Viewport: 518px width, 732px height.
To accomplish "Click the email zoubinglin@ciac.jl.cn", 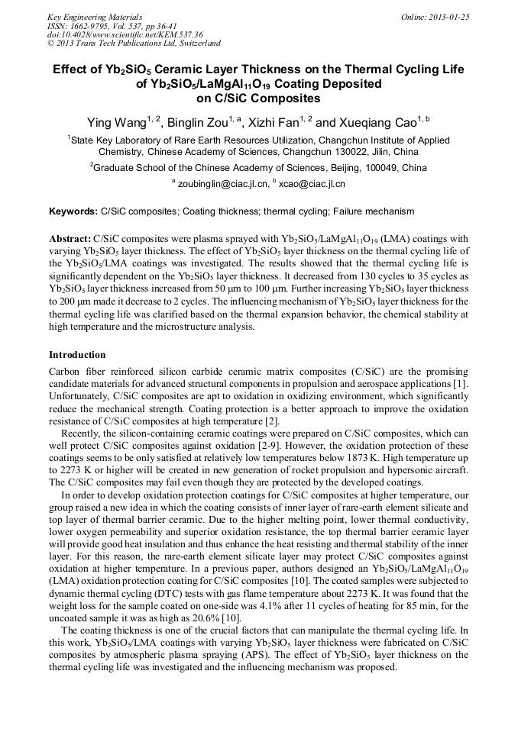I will pyautogui.click(x=223, y=184).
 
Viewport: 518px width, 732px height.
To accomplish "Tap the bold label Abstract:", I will pyautogui.click(x=70, y=238).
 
